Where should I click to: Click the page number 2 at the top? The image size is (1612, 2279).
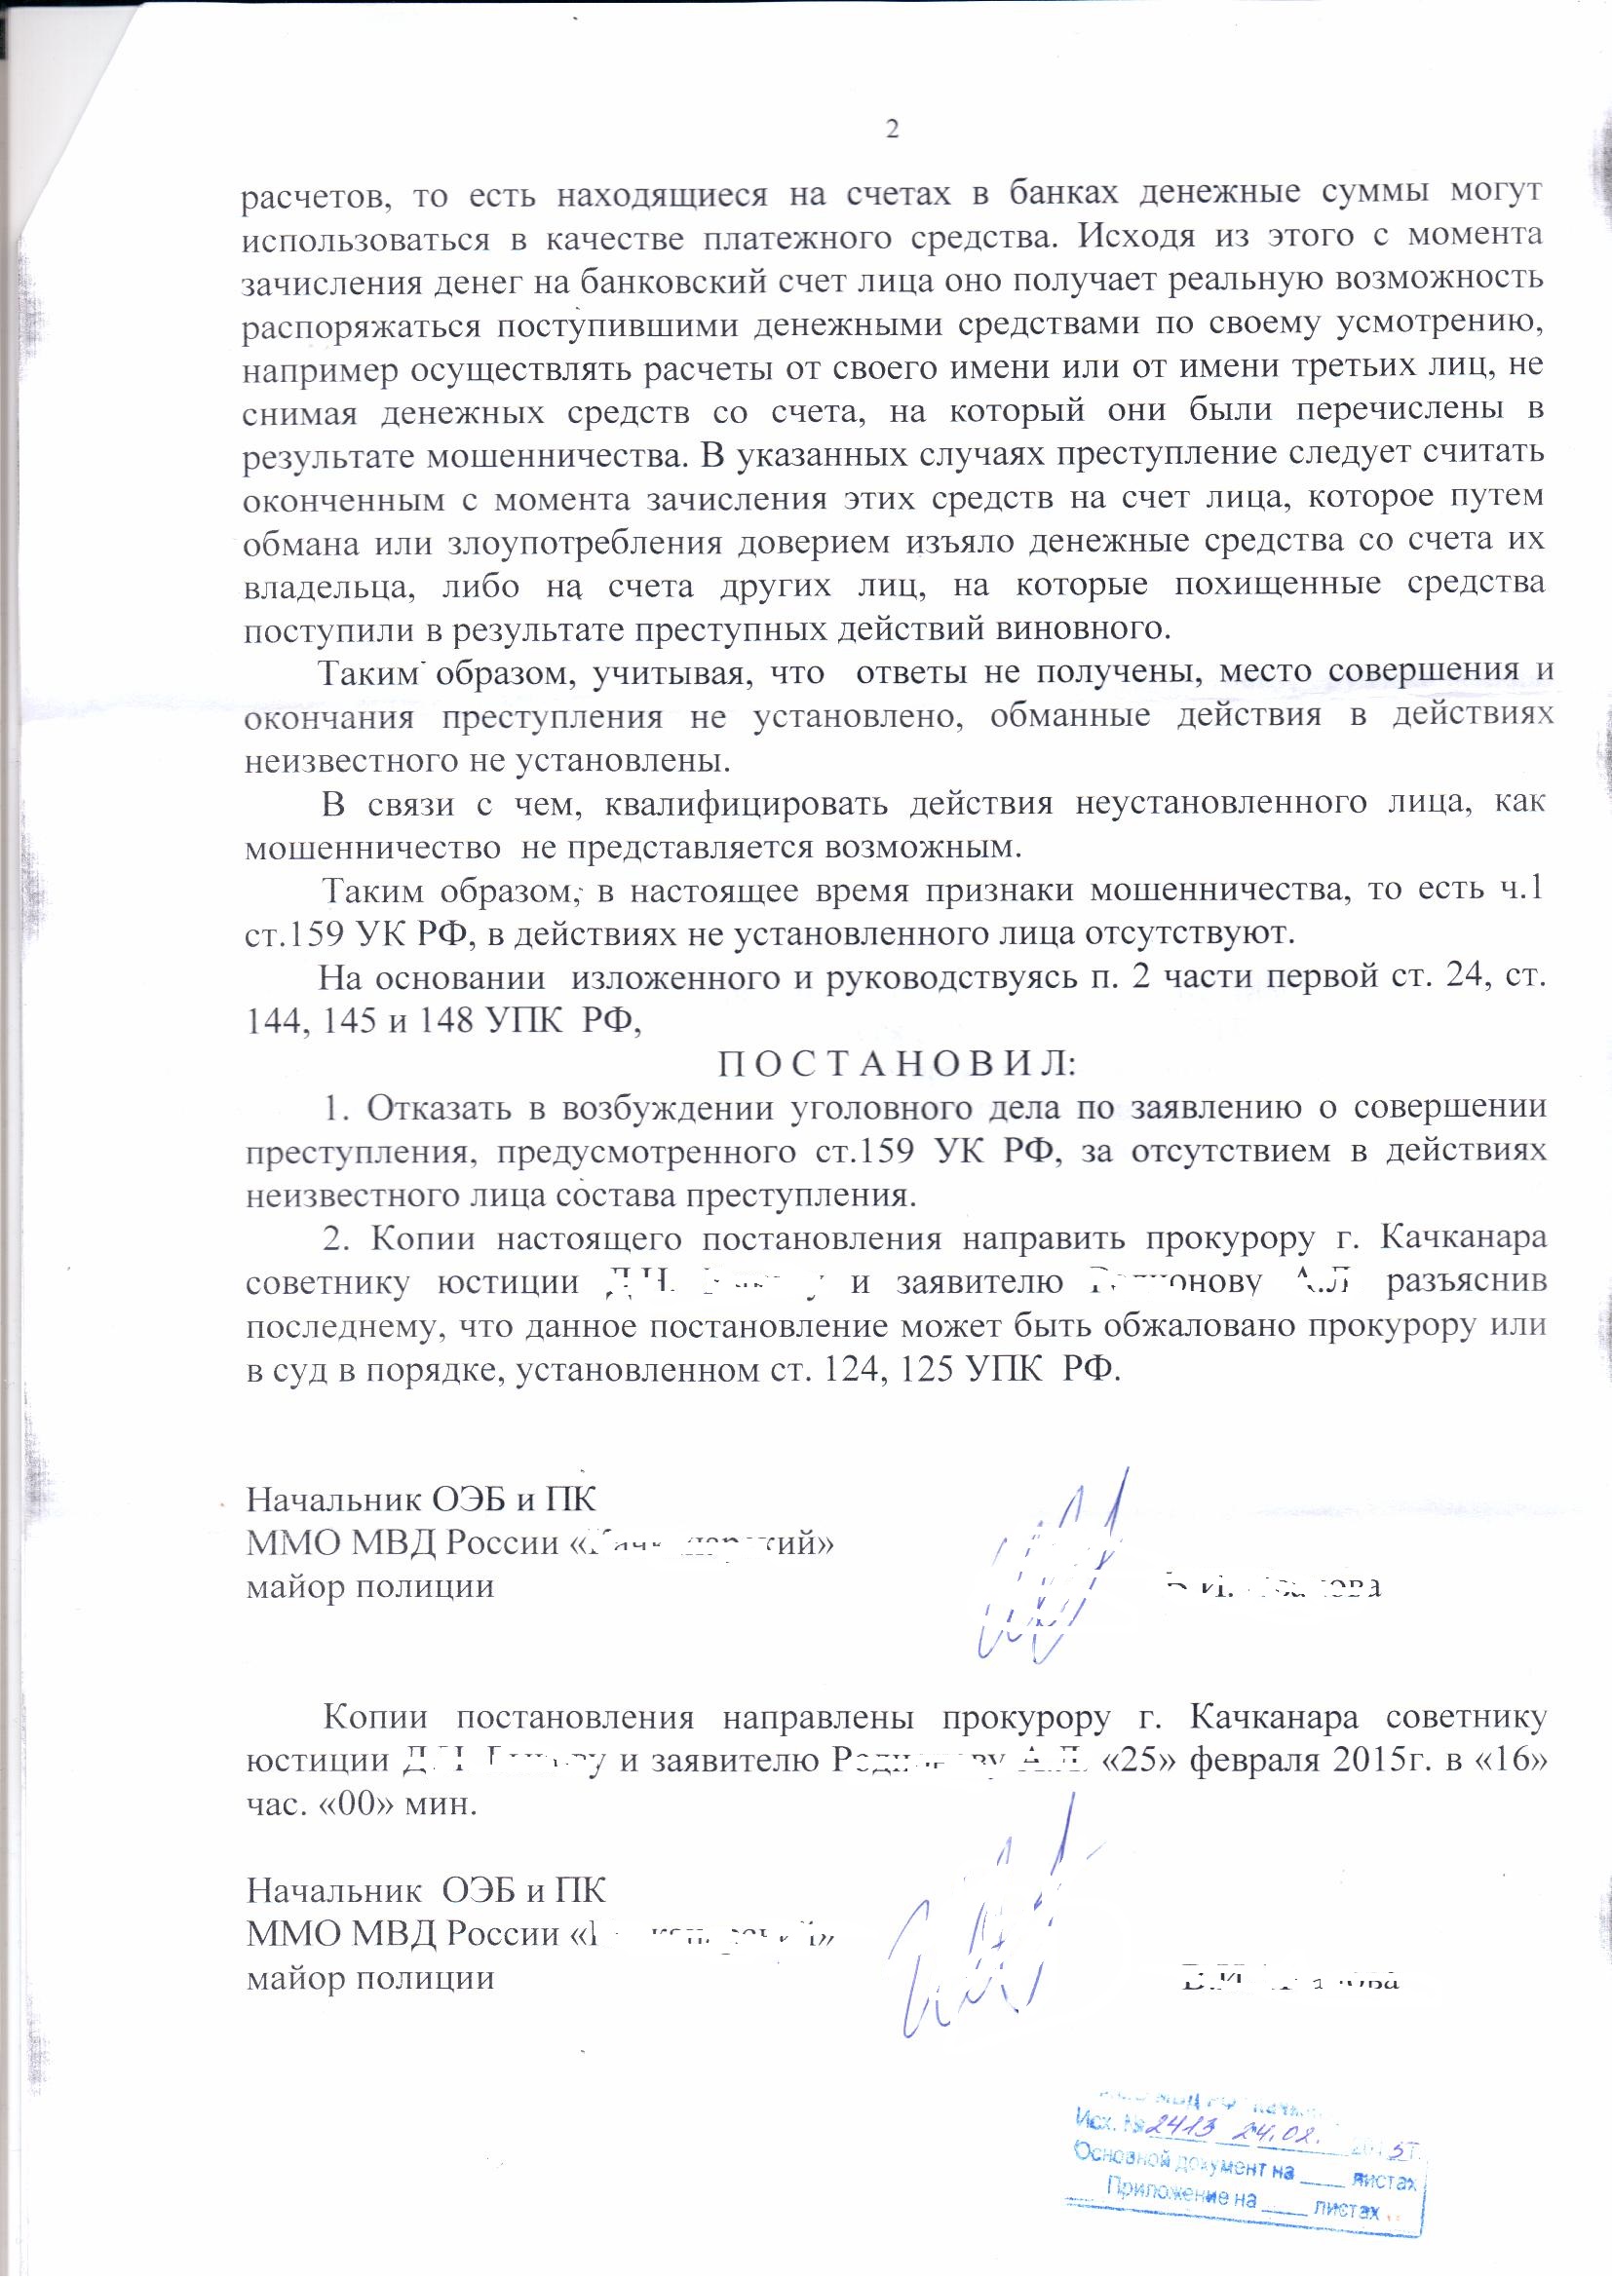pyautogui.click(x=891, y=131)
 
